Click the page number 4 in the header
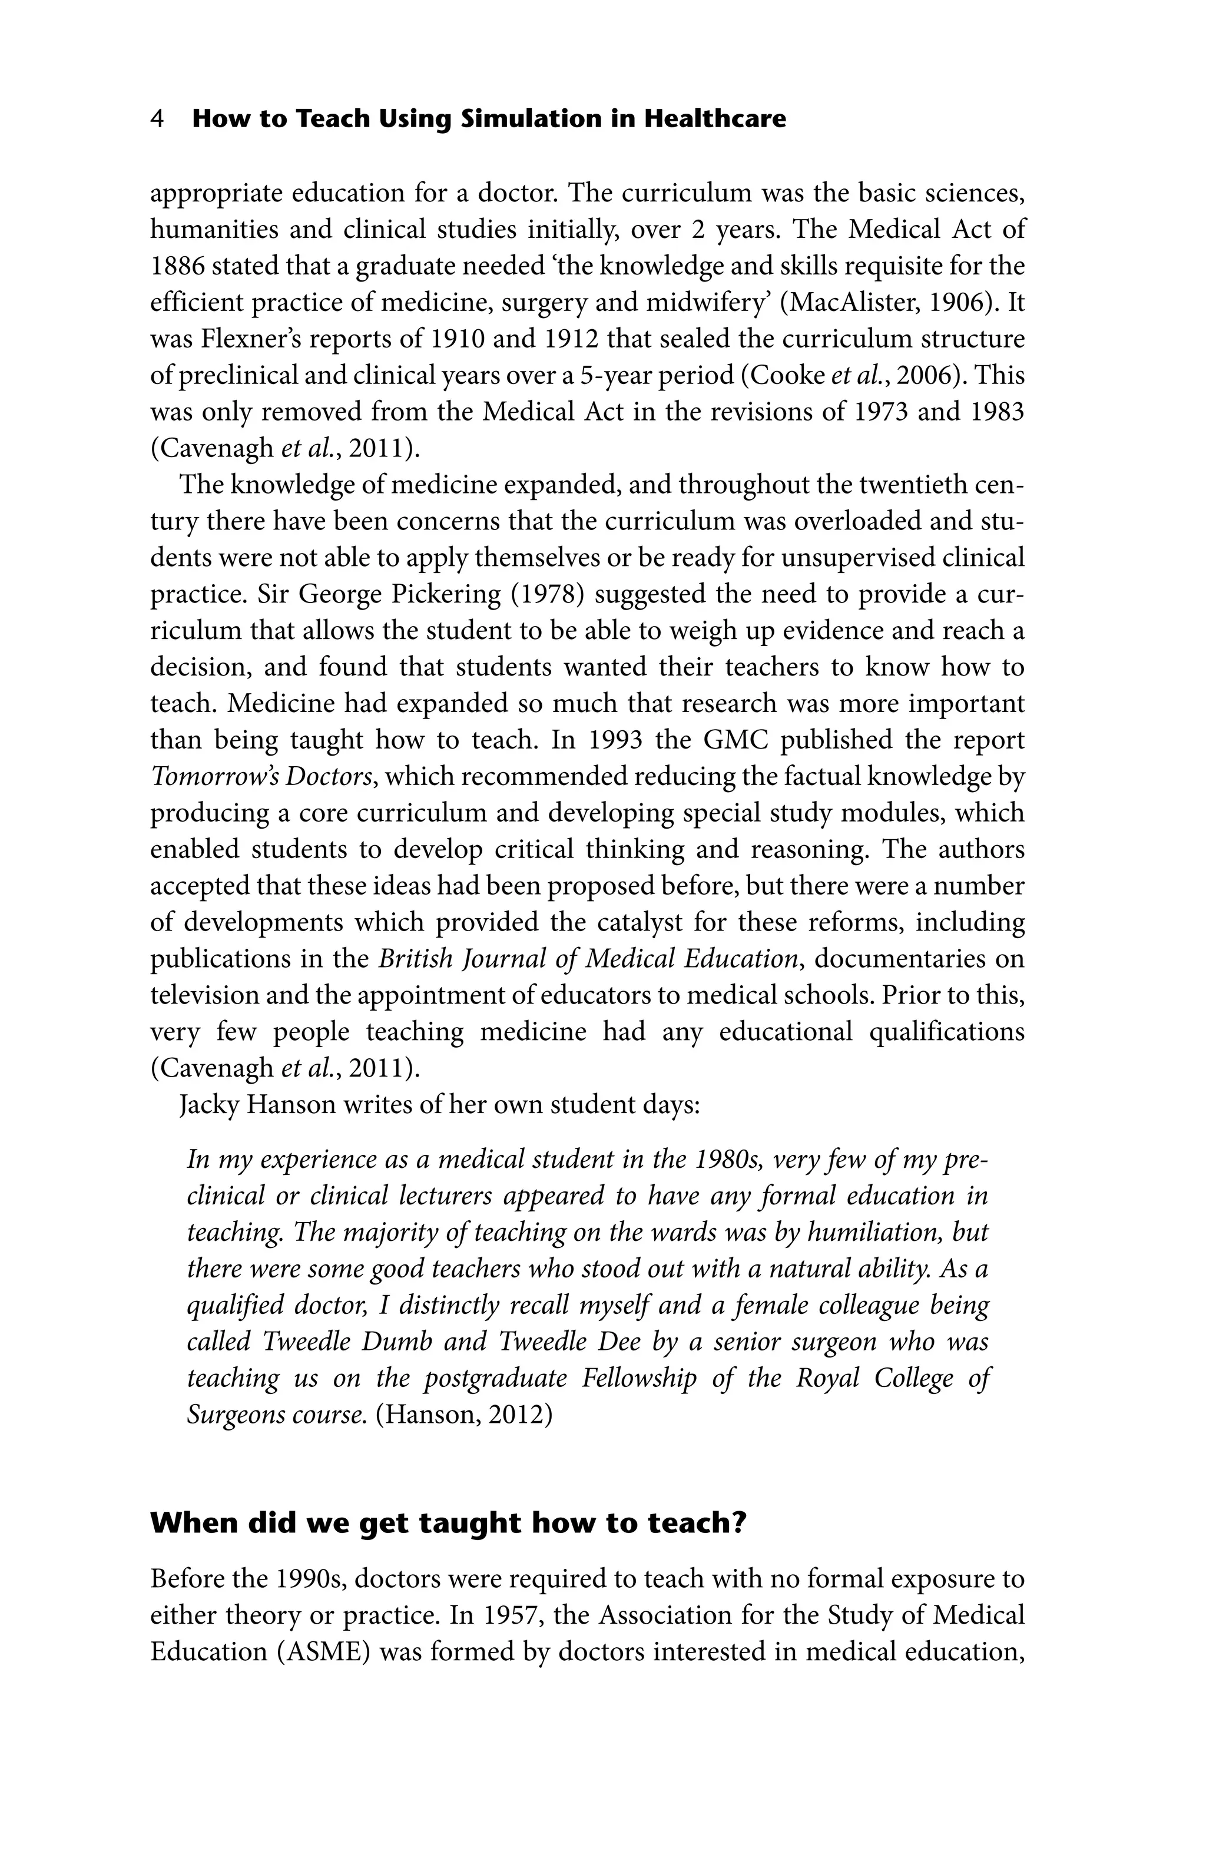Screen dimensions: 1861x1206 [x=157, y=120]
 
